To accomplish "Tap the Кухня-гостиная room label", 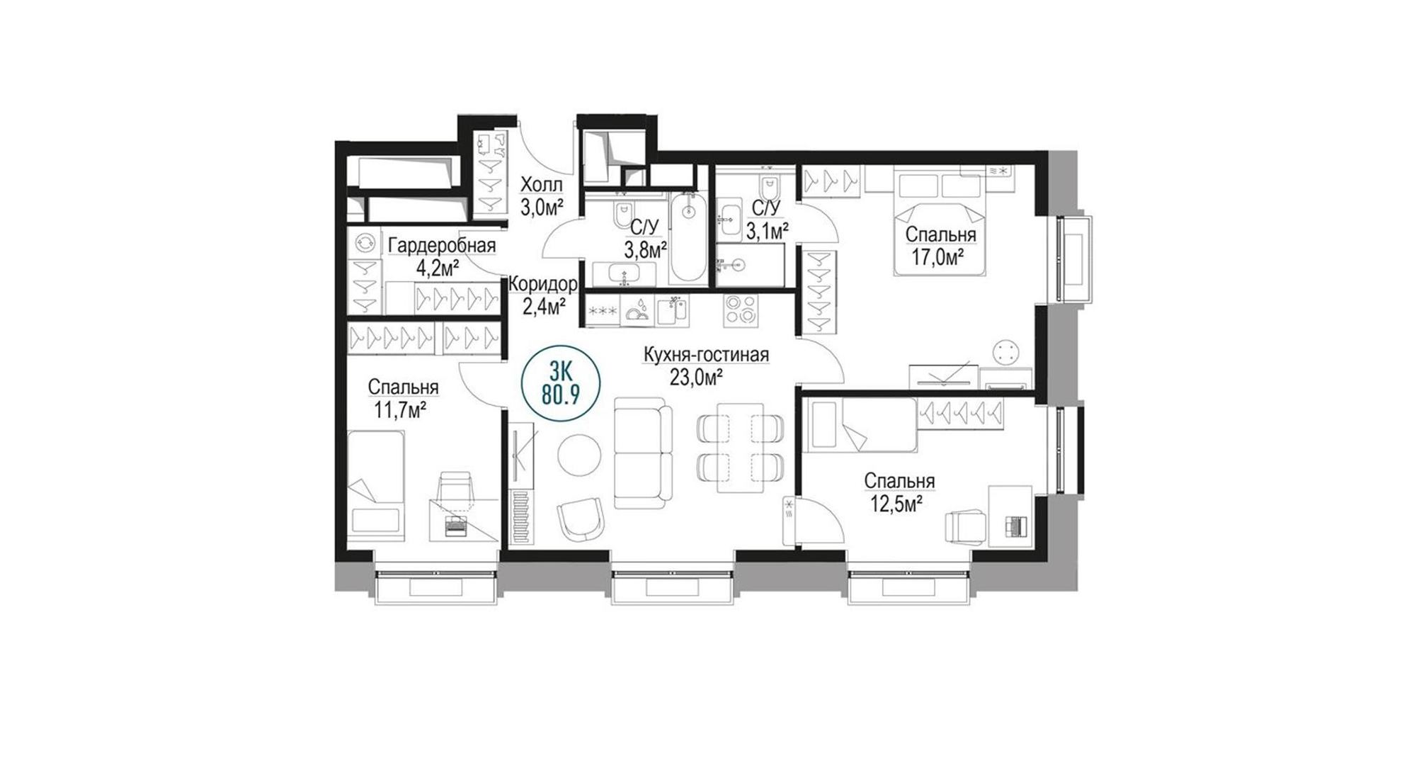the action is pos(705,354).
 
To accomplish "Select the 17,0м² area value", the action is pos(940,257).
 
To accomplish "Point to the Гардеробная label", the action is pos(442,246).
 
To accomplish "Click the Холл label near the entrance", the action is pos(542,185).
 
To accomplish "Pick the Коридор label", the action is pos(543,285).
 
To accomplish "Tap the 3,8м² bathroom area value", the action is pos(644,249).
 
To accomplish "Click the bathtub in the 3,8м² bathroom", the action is pos(688,237).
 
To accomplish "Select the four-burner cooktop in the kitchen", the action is pos(741,309).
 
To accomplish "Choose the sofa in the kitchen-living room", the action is pos(642,452).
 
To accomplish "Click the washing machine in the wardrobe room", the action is pos(365,242).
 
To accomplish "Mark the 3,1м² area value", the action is pos(768,230).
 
